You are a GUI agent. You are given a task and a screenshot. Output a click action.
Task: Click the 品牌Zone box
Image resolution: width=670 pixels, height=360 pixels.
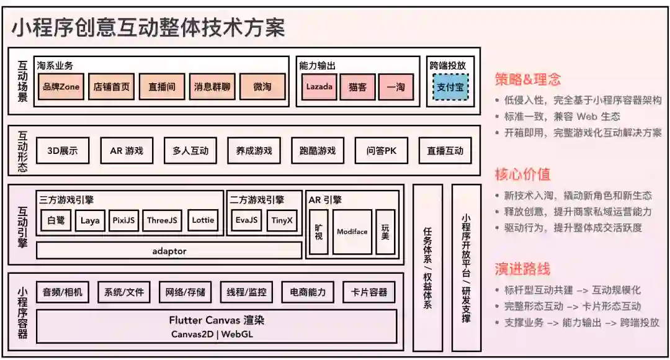coord(61,87)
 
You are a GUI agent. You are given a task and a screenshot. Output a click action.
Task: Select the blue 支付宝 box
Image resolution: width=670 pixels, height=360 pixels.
coord(450,88)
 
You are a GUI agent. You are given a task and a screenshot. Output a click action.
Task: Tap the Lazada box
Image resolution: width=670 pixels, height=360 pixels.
coord(319,87)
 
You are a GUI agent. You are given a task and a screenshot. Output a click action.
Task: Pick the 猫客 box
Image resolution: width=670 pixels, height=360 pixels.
coord(358,87)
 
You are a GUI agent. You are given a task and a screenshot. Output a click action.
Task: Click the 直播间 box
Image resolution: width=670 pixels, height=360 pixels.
coord(161,87)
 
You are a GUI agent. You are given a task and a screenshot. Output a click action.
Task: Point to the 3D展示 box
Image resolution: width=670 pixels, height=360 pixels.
coord(63,151)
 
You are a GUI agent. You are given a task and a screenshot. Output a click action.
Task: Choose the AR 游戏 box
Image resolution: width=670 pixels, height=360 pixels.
coord(127,151)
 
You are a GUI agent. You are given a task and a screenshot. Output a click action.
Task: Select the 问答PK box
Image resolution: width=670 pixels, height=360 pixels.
coord(382,151)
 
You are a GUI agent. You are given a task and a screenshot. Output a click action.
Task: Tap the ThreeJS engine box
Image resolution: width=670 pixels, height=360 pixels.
coord(162,220)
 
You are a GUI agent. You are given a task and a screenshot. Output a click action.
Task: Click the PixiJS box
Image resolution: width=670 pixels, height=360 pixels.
coord(123,220)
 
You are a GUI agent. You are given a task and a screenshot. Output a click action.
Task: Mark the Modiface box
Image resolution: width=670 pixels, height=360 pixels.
coord(352,232)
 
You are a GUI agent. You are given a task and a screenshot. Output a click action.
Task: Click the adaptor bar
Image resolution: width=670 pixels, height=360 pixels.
coord(169,251)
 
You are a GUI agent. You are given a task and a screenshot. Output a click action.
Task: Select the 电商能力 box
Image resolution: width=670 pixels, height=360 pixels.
coord(308,292)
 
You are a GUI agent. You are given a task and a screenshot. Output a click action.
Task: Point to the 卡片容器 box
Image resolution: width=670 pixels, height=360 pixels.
coord(369,292)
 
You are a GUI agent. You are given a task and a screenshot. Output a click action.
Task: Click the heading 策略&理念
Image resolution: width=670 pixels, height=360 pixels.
coord(527,79)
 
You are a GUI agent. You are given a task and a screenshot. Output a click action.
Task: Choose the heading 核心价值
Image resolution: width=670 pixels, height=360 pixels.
coord(522,174)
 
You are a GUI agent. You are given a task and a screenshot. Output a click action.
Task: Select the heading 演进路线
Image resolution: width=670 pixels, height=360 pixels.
coord(522,269)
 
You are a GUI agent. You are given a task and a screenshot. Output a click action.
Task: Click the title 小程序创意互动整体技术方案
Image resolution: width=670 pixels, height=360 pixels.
coord(148,28)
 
